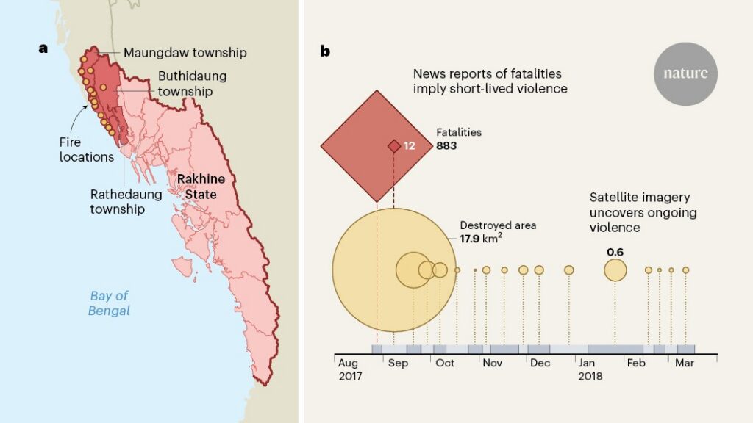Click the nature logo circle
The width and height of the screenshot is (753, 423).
click(685, 73)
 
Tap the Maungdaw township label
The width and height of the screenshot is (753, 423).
click(185, 53)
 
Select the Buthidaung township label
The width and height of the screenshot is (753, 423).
click(192, 84)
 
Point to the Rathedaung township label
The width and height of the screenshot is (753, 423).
click(126, 201)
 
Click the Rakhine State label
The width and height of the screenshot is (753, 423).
click(201, 187)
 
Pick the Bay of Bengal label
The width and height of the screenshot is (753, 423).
click(109, 303)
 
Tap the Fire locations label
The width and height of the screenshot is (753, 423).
click(87, 150)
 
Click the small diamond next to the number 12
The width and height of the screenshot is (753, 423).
click(394, 146)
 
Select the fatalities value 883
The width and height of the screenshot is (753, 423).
click(446, 146)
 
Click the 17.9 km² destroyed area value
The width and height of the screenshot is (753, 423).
click(481, 239)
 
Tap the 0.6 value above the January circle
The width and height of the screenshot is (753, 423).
click(615, 253)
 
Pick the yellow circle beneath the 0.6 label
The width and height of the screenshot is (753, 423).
click(615, 270)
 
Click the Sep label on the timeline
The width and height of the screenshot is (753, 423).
click(398, 363)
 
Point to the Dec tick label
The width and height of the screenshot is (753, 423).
click(540, 363)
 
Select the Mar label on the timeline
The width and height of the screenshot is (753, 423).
click(685, 363)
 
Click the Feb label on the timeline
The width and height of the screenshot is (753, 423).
click(636, 363)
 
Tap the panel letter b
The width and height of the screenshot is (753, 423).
click(325, 51)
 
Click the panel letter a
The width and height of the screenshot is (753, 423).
click(43, 48)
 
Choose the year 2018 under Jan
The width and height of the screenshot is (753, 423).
click(590, 376)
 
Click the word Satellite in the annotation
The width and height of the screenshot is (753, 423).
click(613, 198)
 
